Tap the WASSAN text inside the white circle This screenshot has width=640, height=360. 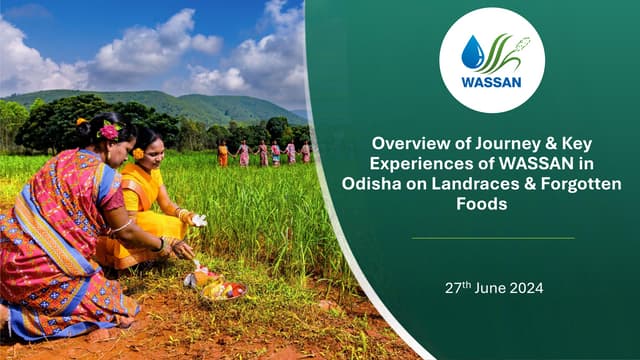pos(491,83)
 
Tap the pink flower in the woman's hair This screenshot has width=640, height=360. pos(109,131)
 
